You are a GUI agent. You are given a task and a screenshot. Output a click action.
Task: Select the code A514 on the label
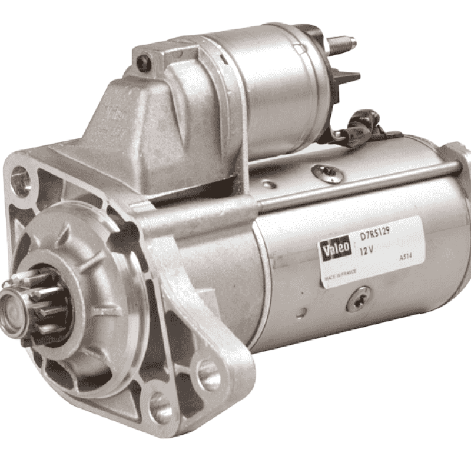pyautogui.click(x=406, y=258)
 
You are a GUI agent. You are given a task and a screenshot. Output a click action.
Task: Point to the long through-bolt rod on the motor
pyautogui.click(x=359, y=182)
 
